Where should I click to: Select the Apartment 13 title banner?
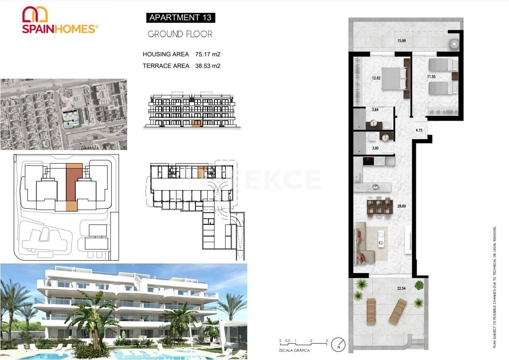pos(180,17)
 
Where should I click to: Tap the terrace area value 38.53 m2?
pos(207,66)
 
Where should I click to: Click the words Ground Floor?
pos(180,34)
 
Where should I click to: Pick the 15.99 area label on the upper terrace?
pos(401,41)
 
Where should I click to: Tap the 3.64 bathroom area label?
pos(376,110)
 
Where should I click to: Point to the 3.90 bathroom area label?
pos(376,148)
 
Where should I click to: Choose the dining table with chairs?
pos(379,206)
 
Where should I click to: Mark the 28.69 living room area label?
pos(401,205)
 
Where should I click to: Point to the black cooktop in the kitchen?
pos(369,160)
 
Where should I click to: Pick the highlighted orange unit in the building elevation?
pos(197,123)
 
